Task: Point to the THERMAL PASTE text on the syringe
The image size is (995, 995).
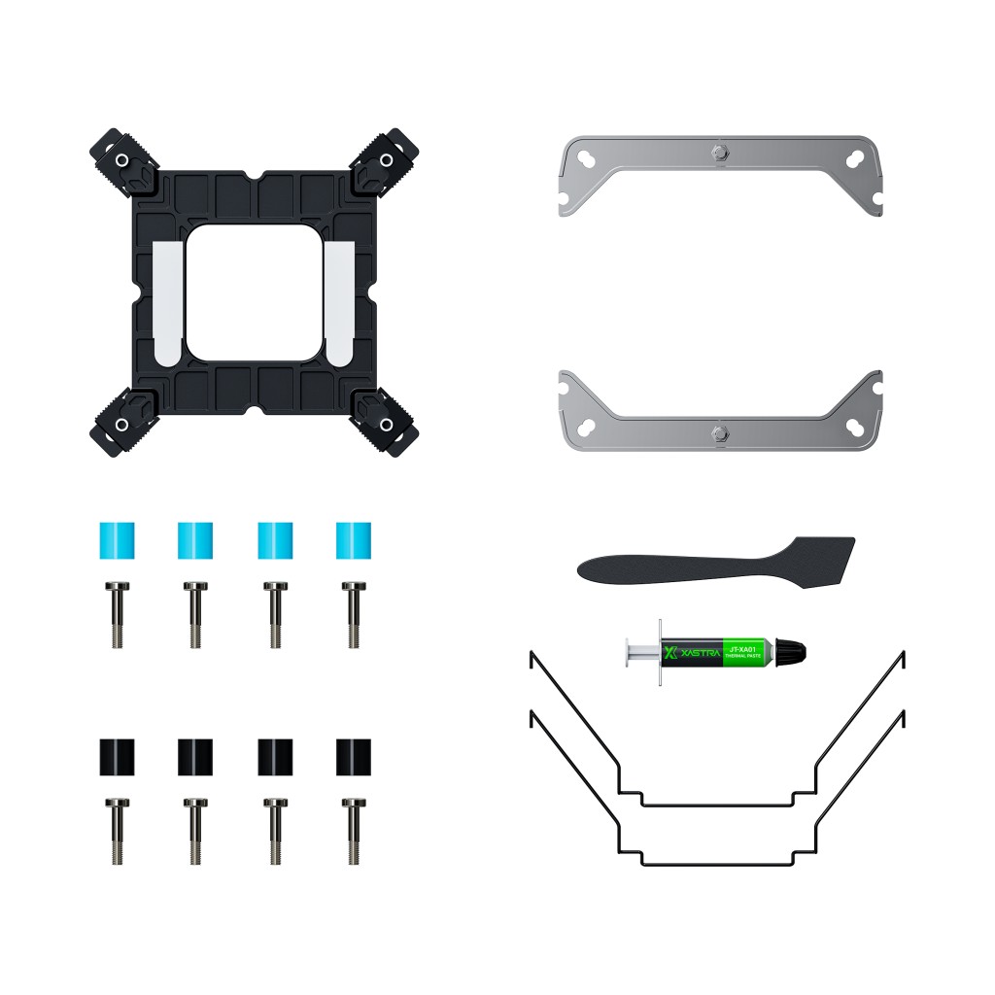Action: [742, 658]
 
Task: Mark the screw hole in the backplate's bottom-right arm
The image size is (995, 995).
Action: [386, 426]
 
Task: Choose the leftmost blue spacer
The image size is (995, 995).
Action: [117, 540]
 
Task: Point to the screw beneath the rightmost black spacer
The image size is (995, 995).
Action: [351, 832]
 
